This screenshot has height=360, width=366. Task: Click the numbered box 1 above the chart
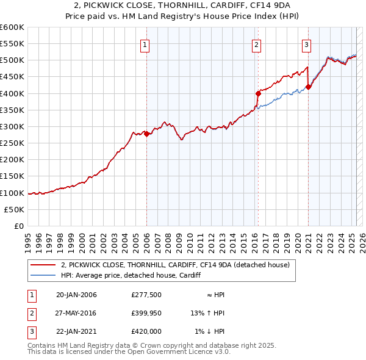pos(146,44)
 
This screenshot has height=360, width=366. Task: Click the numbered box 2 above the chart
pos(256,44)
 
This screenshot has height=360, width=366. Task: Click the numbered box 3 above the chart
pos(306,44)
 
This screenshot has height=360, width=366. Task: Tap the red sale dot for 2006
pos(147,134)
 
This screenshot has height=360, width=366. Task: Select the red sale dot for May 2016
pos(258,93)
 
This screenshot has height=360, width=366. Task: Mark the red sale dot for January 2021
pos(309,87)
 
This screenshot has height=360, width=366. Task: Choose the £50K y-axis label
pos(14,209)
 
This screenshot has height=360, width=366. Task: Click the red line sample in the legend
pos(43,265)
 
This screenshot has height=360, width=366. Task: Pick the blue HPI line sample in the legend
pos(43,275)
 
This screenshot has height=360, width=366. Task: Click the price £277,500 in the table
pos(146,295)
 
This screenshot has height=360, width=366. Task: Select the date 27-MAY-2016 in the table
pos(76,313)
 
